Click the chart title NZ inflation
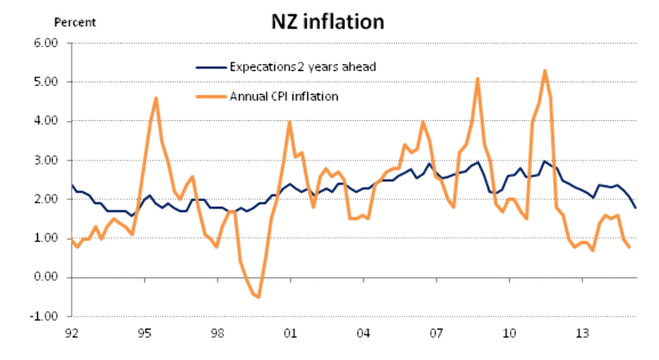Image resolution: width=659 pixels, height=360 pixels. pos(328,21)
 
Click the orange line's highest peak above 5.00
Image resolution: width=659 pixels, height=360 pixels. pos(544,71)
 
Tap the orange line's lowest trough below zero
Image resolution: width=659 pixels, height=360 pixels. pos(259,297)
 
